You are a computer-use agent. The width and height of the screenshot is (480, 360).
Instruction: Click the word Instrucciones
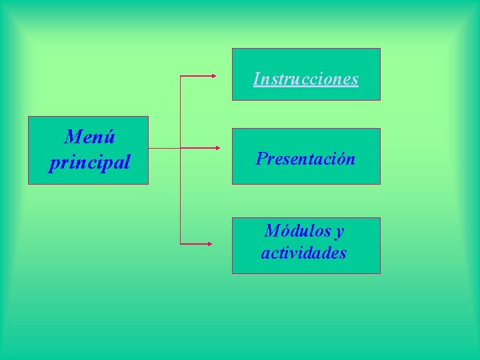click(x=306, y=79)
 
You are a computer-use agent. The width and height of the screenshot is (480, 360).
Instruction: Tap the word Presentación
click(x=306, y=159)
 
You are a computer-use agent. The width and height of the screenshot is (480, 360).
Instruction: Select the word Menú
click(x=89, y=137)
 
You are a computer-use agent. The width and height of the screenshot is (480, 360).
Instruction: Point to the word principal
click(x=89, y=163)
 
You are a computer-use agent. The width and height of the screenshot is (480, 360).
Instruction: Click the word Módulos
click(x=297, y=231)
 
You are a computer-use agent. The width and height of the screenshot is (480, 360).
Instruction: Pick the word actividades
click(x=304, y=253)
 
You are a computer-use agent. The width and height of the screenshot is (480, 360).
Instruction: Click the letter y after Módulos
click(x=339, y=233)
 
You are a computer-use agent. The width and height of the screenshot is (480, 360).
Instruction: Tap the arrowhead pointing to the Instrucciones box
click(x=213, y=76)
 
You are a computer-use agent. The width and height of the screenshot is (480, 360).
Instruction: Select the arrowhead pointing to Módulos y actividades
click(x=209, y=245)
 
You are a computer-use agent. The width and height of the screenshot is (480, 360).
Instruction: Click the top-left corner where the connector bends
click(x=181, y=76)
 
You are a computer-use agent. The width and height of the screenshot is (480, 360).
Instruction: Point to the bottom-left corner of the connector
click(x=181, y=245)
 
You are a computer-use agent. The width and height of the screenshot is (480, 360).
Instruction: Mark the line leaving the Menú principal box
click(x=164, y=147)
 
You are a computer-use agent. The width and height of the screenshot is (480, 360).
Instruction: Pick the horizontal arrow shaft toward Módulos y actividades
click(x=195, y=245)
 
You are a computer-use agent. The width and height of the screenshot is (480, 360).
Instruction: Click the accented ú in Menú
click(x=110, y=137)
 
